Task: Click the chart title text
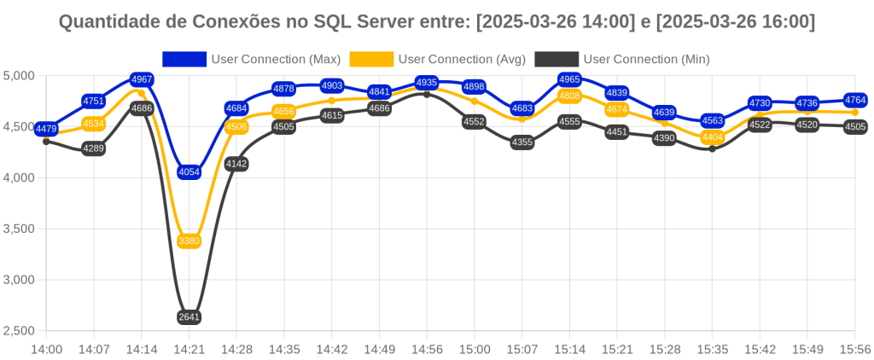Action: [437, 21]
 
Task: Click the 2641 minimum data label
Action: [189, 317]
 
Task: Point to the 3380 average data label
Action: [189, 241]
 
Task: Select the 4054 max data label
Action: [189, 172]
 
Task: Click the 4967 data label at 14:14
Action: [142, 79]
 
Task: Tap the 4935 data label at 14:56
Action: [427, 83]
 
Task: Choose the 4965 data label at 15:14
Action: [569, 79]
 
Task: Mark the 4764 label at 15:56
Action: [854, 100]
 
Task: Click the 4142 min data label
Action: [236, 164]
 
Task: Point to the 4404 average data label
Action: [712, 137]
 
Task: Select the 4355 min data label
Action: [522, 142]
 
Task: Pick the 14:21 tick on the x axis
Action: [189, 349]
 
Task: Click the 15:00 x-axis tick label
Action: [475, 349]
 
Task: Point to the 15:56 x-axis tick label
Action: [854, 349]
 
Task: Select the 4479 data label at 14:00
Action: [46, 129]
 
